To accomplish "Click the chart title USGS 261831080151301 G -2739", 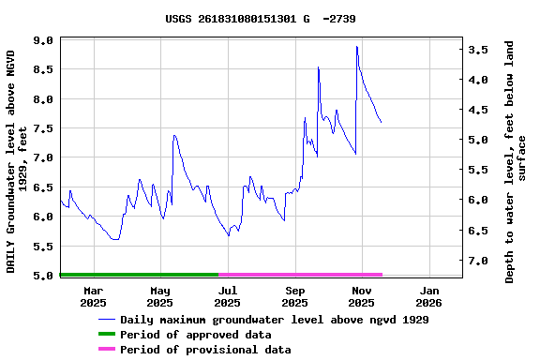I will [260, 18].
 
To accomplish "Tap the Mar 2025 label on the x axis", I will [93, 296].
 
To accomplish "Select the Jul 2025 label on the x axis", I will [227, 296].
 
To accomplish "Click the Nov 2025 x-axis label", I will [361, 296].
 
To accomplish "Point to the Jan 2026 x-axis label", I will [428, 296].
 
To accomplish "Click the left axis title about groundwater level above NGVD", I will [17, 161].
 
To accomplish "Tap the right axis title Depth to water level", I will [516, 161].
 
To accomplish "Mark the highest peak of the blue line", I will [356, 47].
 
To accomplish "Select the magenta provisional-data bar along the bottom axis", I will [300, 275].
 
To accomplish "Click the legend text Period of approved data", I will [196, 335].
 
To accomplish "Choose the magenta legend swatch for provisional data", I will [106, 350].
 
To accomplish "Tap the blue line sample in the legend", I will [106, 320].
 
